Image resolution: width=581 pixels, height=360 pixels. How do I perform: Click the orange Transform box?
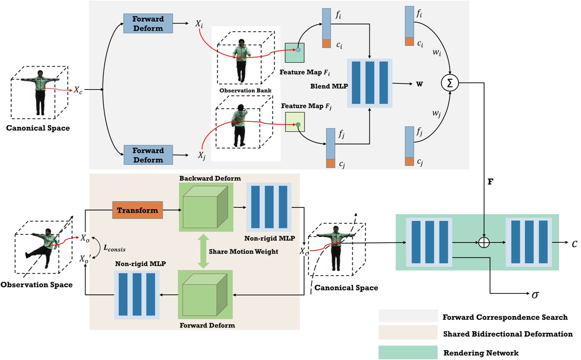[138, 210]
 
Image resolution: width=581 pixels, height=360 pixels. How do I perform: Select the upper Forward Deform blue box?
[148, 24]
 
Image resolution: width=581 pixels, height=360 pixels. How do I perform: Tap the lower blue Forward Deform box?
[148, 155]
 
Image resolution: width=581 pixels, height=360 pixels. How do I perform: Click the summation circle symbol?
[450, 83]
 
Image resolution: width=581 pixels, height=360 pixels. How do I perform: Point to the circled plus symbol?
[484, 243]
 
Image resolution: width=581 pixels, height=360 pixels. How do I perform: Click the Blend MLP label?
[329, 86]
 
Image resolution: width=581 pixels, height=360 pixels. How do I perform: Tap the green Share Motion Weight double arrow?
[203, 251]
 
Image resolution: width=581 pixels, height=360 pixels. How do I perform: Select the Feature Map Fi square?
[294, 53]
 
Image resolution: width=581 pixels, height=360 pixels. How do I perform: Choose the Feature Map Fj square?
[295, 122]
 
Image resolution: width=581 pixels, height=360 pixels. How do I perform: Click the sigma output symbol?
[535, 295]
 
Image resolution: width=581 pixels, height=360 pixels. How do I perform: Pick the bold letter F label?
[490, 182]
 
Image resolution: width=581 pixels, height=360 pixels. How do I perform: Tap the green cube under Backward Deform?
[206, 207]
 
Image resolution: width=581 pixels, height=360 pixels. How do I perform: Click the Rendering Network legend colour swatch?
[408, 352]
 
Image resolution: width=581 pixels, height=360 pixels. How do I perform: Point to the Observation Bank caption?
[245, 91]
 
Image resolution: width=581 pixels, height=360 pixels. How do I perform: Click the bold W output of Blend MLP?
[419, 84]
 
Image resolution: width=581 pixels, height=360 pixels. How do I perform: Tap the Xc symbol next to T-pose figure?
[78, 90]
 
